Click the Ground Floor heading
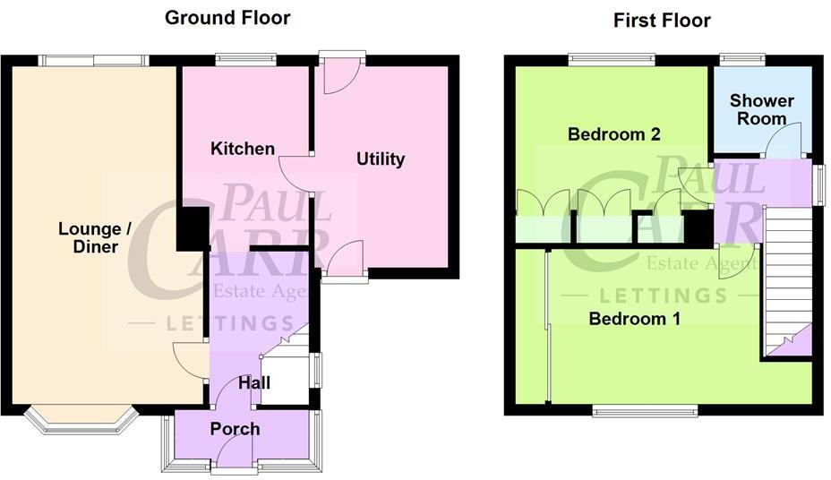pos(227,18)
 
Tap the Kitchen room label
pos(243,149)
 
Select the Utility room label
pos(381,159)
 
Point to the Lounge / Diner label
pos(95,237)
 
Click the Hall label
pos(254,383)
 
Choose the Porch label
pos(235,429)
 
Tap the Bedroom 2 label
pos(614,135)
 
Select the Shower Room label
pos(757,108)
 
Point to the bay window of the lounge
pos(81,422)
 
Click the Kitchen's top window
pos(245,61)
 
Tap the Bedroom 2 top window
pos(612,61)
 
